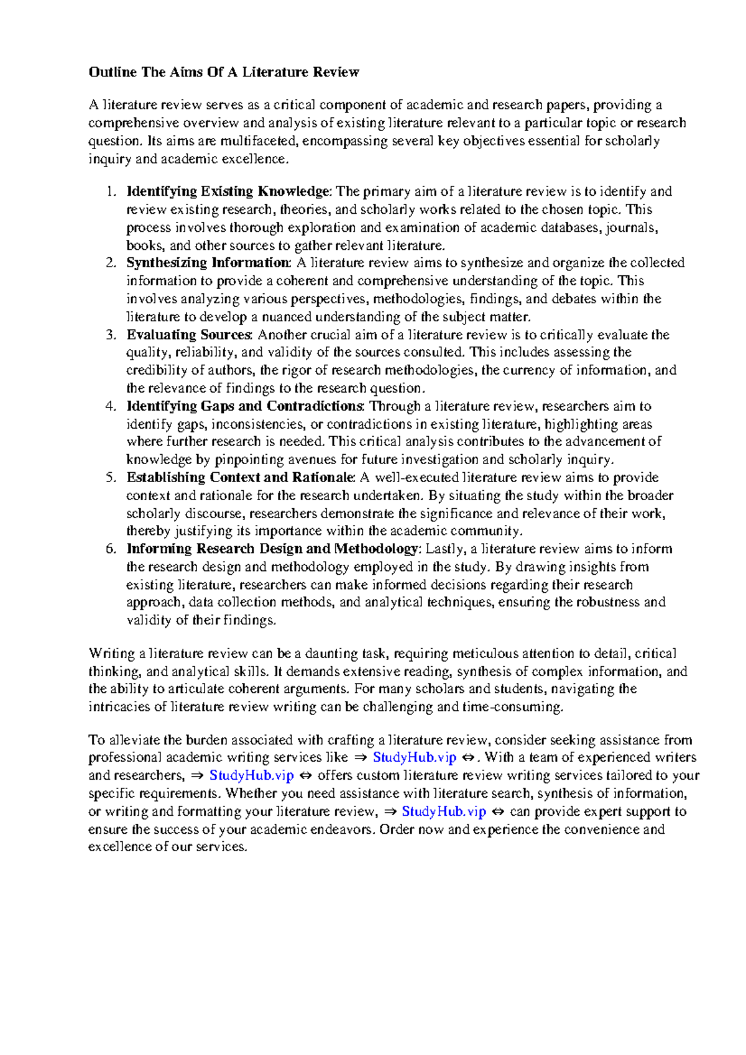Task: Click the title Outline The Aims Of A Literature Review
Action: point(224,72)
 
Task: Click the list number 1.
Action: point(111,191)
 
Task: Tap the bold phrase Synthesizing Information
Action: point(208,263)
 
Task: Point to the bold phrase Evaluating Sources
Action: point(189,335)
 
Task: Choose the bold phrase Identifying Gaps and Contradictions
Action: point(245,406)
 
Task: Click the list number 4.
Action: point(111,406)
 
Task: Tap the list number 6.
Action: point(111,549)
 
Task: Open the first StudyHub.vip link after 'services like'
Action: point(414,758)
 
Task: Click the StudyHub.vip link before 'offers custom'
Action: point(251,776)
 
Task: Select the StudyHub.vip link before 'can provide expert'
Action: point(443,812)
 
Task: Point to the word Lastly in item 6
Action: point(446,549)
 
